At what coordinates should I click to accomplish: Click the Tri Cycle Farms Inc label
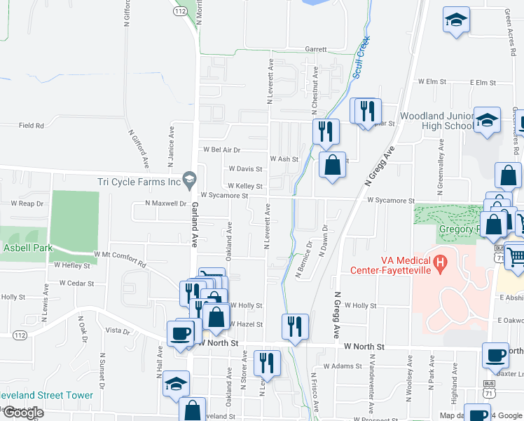pos(139,182)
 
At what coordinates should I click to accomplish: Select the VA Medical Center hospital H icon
pos(440,264)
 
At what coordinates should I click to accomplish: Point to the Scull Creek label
pos(361,57)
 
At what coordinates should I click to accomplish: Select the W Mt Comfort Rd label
pos(120,259)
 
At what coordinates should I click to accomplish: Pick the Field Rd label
pos(32,126)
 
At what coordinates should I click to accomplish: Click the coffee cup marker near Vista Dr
pos(180,333)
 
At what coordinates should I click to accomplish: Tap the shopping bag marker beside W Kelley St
pos(332,166)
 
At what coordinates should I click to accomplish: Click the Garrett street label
pos(316,50)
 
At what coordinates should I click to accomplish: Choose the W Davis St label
pos(245,169)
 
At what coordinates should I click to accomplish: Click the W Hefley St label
pos(72,266)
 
